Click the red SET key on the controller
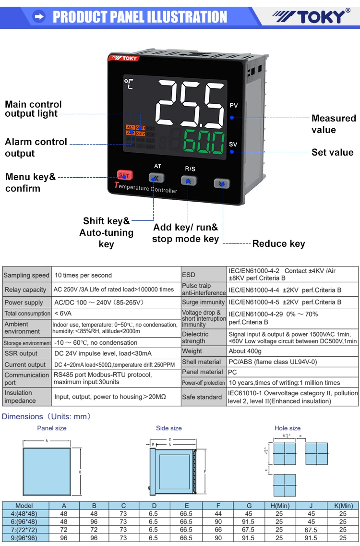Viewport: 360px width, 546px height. pyautogui.click(x=124, y=176)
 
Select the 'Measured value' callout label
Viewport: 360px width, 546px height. pyautogui.click(x=334, y=124)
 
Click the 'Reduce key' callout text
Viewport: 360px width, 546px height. pyautogui.click(x=278, y=243)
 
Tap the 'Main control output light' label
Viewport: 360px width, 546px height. pyautogui.click(x=33, y=109)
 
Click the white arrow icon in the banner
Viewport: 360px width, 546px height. pyautogui.click(x=39, y=17)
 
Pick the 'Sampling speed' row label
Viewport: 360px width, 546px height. pyautogui.click(x=26, y=275)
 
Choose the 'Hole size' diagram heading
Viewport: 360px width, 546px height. pyautogui.click(x=288, y=428)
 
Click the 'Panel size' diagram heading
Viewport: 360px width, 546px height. pyautogui.click(x=52, y=428)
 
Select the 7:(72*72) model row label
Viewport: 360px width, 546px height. pyautogui.click(x=24, y=530)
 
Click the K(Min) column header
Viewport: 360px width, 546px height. pyautogui.click(x=343, y=506)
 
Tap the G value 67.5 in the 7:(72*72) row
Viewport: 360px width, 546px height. pyautogui.click(x=249, y=530)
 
